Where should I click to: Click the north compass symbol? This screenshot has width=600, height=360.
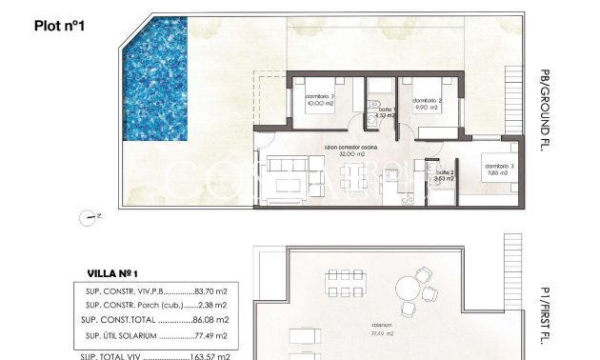[x=90, y=216]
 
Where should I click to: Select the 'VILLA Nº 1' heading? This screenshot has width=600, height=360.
[x=113, y=272]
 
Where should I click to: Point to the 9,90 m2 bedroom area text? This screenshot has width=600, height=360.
[x=425, y=107]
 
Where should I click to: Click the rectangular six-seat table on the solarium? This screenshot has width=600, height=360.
[x=343, y=283]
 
